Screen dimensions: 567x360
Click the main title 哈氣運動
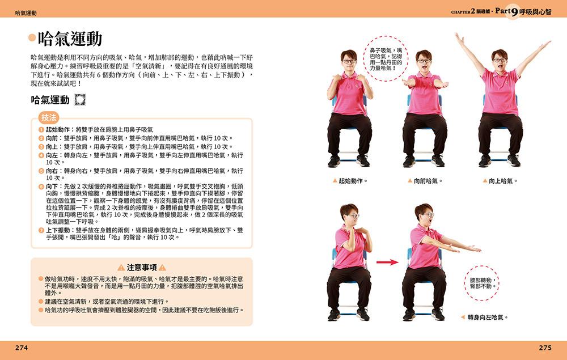click(x=70, y=39)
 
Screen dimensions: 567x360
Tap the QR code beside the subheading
click(x=80, y=100)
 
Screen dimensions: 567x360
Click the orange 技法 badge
click(x=49, y=117)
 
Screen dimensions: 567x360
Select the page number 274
click(x=22, y=348)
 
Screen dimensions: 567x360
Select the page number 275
click(x=545, y=348)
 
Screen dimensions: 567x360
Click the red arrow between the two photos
click(x=387, y=262)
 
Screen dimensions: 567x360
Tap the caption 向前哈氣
click(x=425, y=181)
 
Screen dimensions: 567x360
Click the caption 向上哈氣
click(x=501, y=181)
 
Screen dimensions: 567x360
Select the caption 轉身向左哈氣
click(x=485, y=317)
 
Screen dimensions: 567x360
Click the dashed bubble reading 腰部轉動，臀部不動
click(x=482, y=283)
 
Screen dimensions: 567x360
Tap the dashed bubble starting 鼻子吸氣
click(x=386, y=58)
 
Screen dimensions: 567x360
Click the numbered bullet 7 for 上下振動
click(x=41, y=230)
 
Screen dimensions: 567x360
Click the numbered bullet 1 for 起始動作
click(x=41, y=129)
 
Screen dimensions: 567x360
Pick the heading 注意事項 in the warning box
click(x=142, y=268)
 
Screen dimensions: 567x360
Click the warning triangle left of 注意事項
click(x=121, y=268)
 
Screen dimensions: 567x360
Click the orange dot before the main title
click(x=32, y=37)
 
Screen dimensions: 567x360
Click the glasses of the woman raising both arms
click(x=500, y=60)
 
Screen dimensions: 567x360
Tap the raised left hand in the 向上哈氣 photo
click(x=459, y=39)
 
